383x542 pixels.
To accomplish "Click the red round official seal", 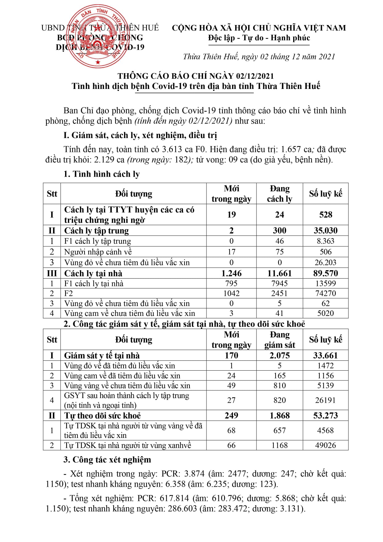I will point(98,36).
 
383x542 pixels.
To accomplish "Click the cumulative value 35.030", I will point(325,230).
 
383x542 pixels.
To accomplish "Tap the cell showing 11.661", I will point(279,273).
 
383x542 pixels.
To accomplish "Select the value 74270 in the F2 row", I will point(325,293).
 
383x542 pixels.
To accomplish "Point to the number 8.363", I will point(325,241).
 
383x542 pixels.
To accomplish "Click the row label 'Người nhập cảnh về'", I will point(98,252).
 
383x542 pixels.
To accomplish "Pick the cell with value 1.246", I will point(231,273).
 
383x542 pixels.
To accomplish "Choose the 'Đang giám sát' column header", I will point(279,339).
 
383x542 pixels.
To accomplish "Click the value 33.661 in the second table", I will point(325,355).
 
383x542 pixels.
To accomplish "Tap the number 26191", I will point(325,400).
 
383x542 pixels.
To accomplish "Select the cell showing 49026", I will point(325,445).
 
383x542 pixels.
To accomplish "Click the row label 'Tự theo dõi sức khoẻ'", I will point(102,415).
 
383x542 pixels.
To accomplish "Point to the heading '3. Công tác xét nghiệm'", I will point(107,460).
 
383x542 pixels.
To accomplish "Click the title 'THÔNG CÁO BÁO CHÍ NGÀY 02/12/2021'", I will point(196,76).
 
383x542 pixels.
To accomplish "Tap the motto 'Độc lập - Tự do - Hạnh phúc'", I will point(259,38).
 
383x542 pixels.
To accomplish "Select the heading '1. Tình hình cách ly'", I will point(102,174).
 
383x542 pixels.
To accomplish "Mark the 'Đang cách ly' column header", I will point(279,194).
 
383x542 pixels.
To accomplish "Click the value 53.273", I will point(325,415).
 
